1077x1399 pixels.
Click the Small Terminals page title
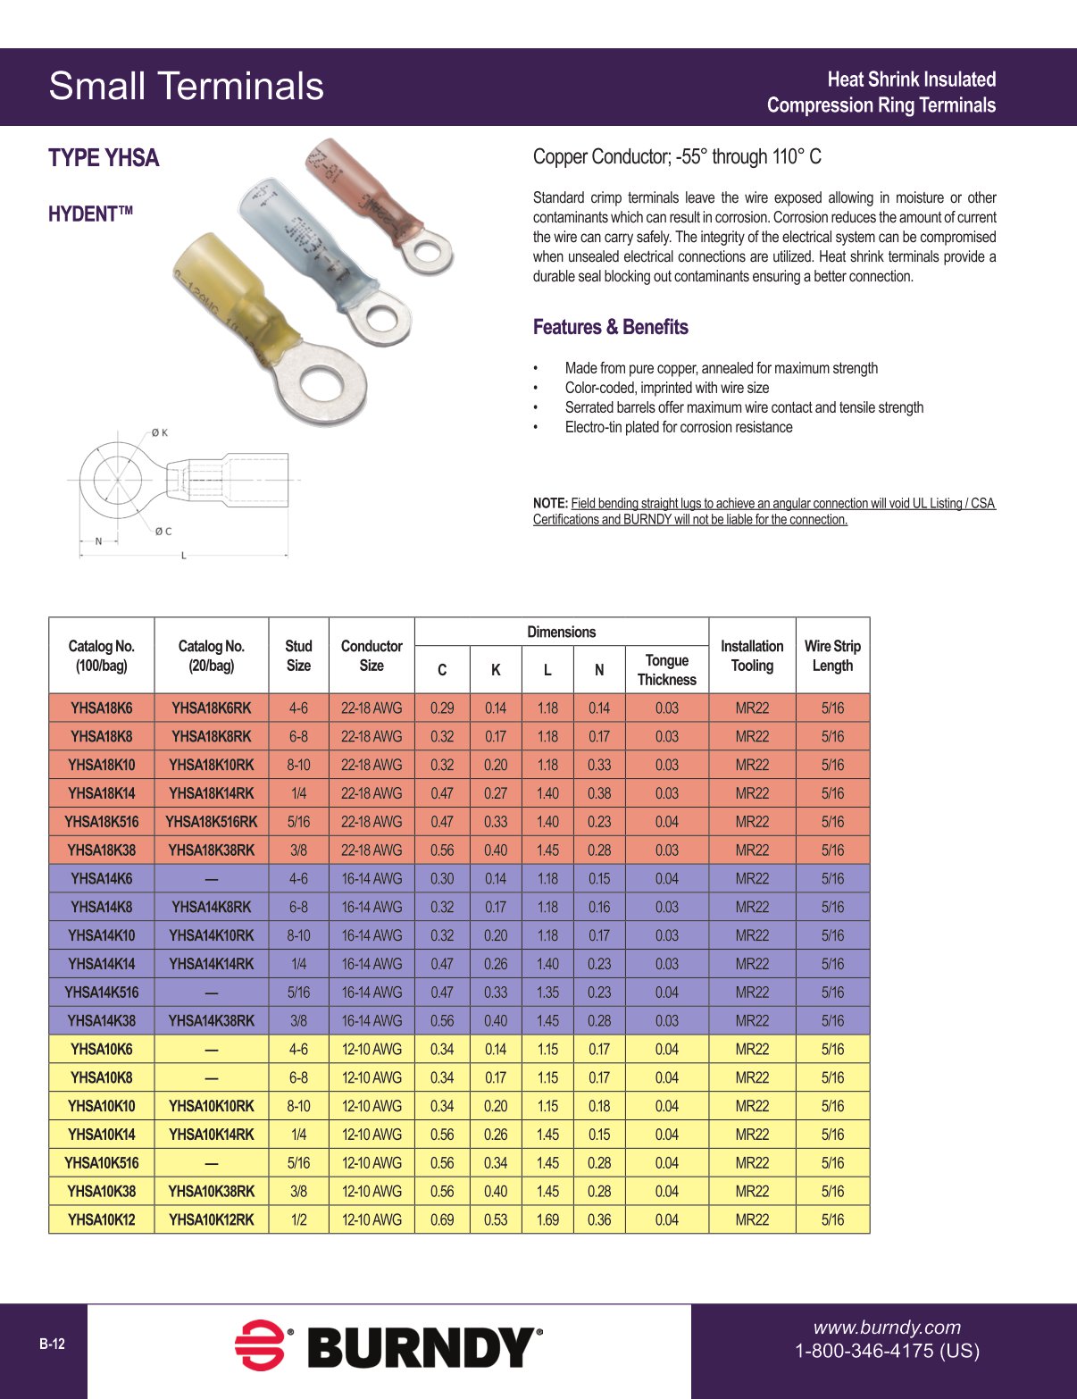[186, 87]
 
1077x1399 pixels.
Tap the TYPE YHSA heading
[104, 158]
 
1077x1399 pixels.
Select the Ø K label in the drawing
[159, 433]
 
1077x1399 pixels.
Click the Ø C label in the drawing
[163, 532]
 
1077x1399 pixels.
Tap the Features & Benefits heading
[610, 327]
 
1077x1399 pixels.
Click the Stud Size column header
[298, 656]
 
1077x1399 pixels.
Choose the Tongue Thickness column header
[666, 670]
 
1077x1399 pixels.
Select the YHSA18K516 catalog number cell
[101, 822]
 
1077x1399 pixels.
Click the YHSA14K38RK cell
[211, 1020]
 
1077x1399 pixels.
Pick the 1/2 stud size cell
[298, 1219]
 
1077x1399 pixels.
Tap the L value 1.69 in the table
[547, 1219]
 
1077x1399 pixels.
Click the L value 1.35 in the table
[547, 993]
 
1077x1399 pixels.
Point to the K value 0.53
[496, 1219]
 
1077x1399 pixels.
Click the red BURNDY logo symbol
[259, 1345]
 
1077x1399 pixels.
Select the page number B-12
[52, 1345]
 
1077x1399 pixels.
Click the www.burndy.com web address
[886, 1328]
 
